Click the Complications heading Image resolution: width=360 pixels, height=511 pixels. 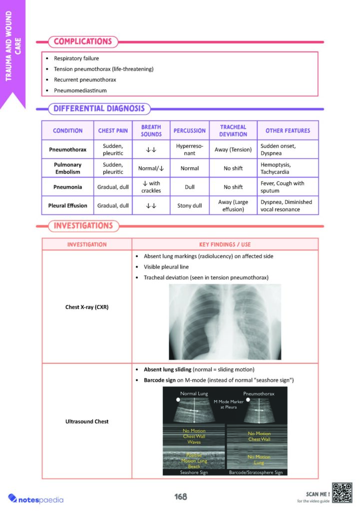[82, 41]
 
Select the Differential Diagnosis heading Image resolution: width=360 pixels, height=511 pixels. [99, 108]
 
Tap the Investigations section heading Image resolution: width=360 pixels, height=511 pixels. [83, 226]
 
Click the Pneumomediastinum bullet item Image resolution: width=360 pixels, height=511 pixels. [80, 90]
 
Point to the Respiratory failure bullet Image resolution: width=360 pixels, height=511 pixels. [76, 58]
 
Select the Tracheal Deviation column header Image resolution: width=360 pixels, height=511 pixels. [233, 131]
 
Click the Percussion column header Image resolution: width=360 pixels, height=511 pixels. [189, 131]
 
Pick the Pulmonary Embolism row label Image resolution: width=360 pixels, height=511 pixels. [67, 168]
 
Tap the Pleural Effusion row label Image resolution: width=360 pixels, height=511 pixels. [67, 205]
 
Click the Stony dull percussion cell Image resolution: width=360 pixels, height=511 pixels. [189, 205]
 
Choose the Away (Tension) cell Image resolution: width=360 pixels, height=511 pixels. [233, 149]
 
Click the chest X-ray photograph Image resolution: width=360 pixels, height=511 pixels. [225, 322]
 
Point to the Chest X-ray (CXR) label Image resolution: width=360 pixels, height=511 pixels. [87, 307]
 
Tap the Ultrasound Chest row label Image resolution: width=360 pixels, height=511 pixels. [87, 422]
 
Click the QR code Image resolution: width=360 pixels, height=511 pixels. [343, 493]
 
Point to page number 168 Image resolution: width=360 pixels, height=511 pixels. [180, 497]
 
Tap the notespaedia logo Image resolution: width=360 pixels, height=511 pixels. [36, 498]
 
